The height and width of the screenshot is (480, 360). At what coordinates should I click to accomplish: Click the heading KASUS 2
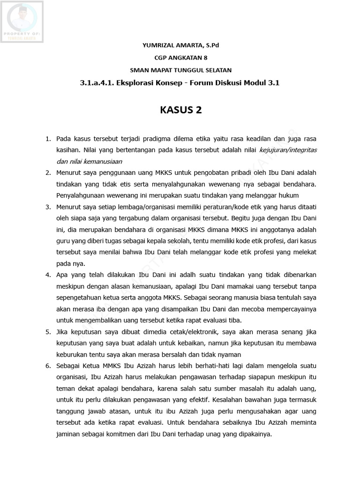pos(180,110)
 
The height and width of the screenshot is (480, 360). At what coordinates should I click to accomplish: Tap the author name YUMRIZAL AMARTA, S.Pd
pos(180,45)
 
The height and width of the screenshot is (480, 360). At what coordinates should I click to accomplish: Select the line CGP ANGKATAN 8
pos(180,58)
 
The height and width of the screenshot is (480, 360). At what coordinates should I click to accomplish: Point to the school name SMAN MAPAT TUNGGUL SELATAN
pos(180,70)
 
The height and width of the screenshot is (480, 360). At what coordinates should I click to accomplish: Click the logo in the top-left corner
pos(22,22)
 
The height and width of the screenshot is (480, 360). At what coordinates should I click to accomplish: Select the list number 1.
pos(48,139)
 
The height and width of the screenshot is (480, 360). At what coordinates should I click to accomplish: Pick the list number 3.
pos(48,207)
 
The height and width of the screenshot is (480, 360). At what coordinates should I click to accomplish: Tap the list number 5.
pos(48,332)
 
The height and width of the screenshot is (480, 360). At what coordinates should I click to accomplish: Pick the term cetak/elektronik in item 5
pos(185,332)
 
